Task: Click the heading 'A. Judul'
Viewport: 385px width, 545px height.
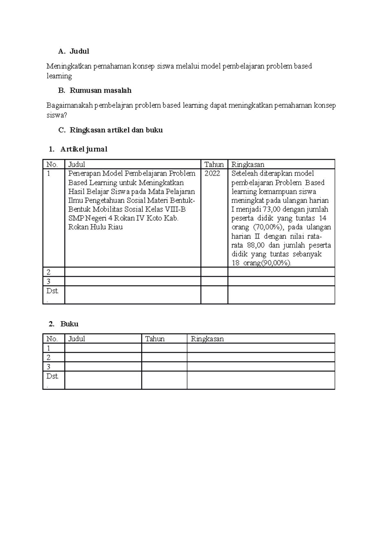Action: pos(73,51)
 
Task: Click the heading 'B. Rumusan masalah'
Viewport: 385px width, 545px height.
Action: pos(95,91)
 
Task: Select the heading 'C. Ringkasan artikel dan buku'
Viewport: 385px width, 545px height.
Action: pos(110,130)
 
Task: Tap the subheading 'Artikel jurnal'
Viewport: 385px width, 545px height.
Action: pos(83,149)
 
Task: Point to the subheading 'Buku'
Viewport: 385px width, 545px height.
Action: pos(69,324)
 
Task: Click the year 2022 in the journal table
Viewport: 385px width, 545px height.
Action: pos(212,174)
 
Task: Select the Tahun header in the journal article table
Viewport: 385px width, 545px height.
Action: pos(214,165)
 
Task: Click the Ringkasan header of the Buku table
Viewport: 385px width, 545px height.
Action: pos(207,339)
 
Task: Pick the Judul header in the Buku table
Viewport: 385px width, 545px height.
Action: pos(76,339)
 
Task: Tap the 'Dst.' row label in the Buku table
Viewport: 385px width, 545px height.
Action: pos(52,376)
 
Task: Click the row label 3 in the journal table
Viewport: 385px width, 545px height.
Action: pos(48,281)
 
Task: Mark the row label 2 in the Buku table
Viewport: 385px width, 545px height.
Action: pos(48,358)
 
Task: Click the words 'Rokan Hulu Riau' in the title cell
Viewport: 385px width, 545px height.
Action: pos(95,227)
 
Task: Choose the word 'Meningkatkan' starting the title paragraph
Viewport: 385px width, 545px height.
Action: pos(69,66)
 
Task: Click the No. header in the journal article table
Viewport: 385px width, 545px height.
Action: pos(52,165)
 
